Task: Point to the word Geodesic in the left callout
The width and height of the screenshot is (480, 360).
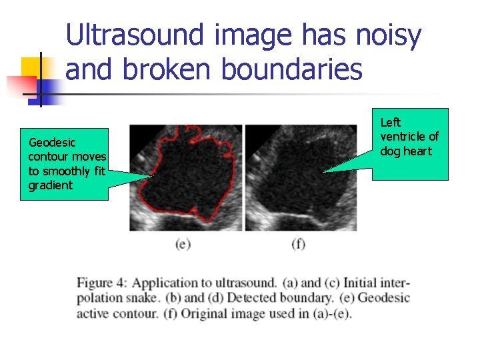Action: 52,142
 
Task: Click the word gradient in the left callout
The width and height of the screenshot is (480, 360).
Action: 50,185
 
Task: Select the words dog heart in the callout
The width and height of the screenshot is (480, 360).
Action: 406,151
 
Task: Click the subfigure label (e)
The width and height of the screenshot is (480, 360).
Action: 183,244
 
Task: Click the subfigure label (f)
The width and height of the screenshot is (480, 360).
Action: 299,244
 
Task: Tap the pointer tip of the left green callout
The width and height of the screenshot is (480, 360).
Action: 151,176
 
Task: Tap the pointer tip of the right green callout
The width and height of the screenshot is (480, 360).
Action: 324,173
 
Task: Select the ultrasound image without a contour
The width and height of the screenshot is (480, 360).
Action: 301,177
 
